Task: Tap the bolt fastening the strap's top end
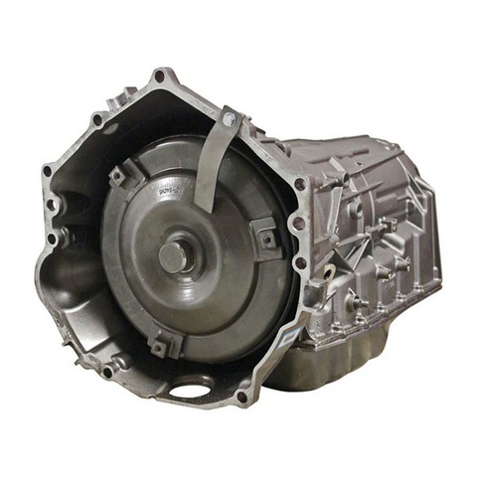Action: click(231, 118)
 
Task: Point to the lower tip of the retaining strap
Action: click(204, 206)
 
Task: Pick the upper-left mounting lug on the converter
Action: click(118, 176)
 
